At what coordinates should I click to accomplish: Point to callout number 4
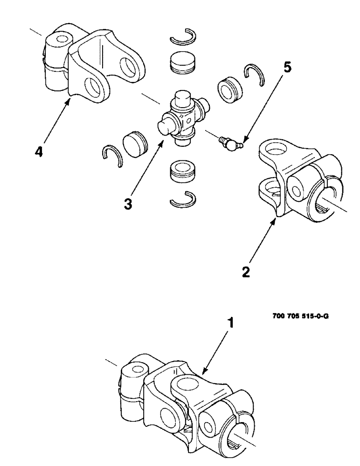tap(41, 152)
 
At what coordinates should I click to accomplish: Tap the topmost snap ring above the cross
tap(184, 38)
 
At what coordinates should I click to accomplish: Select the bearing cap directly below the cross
tap(183, 171)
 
